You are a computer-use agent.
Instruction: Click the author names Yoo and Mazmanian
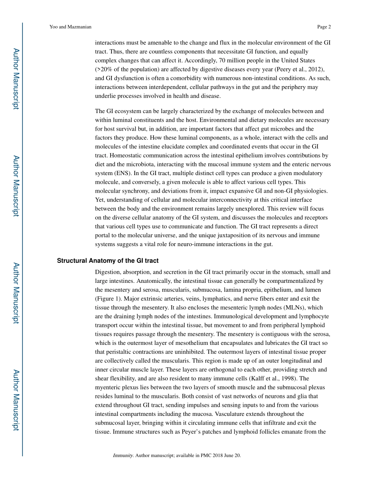click(x=70, y=27)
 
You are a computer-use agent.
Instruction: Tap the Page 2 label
click(x=324, y=27)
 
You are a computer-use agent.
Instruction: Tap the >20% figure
click(x=105, y=69)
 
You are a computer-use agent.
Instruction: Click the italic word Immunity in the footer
click(x=123, y=455)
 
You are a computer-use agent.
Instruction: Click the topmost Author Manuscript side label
click(x=16, y=78)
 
